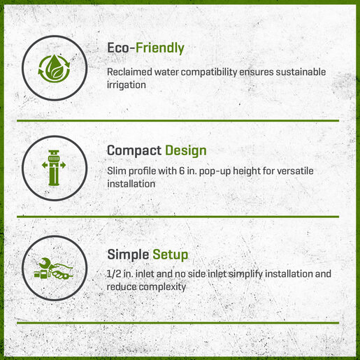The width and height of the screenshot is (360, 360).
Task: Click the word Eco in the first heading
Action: (118, 48)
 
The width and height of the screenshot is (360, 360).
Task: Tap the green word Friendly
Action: (160, 48)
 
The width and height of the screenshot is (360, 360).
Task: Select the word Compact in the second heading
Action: (134, 150)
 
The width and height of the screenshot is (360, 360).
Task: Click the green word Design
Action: (186, 151)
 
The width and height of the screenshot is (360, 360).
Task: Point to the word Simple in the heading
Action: (128, 254)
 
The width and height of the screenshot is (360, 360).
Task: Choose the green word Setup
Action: (171, 254)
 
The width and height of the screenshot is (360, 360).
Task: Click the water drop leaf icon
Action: (55, 69)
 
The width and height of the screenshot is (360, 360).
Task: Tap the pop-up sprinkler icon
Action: (54, 168)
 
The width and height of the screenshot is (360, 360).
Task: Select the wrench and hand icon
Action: (53, 268)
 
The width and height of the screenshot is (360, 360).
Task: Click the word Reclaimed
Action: (129, 72)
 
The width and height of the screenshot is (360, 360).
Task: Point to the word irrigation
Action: (127, 85)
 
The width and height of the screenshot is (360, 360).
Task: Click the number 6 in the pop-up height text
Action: (182, 171)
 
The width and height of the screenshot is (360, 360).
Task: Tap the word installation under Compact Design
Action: (131, 184)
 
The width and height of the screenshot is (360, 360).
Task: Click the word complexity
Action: (162, 287)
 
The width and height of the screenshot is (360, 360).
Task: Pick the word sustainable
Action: (301, 72)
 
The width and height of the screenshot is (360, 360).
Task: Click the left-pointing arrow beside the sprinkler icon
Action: (45, 165)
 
